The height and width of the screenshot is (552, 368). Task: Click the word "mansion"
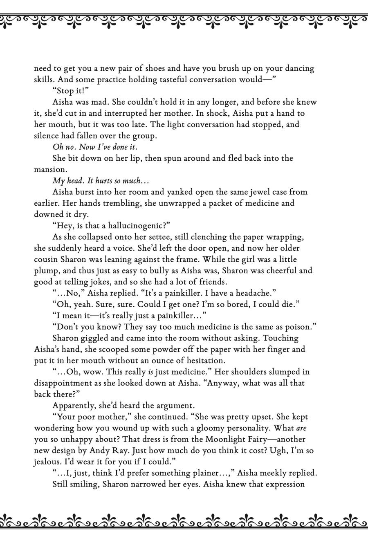[49, 170]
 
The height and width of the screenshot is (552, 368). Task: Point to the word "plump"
[45, 271]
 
